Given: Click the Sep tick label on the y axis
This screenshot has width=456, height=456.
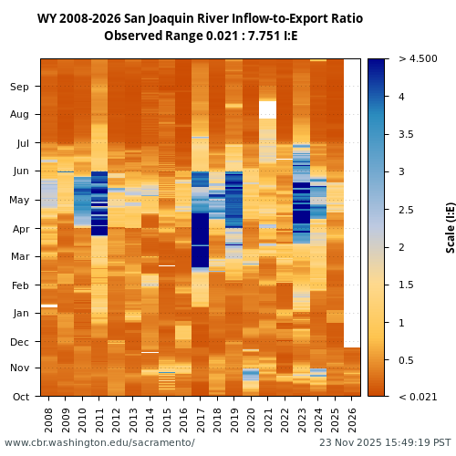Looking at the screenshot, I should click(x=20, y=87).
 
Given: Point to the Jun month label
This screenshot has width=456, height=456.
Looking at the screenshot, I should click(x=20, y=171).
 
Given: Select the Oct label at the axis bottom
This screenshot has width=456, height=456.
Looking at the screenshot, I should click(x=20, y=396).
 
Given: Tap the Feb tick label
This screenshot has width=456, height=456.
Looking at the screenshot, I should click(x=20, y=285).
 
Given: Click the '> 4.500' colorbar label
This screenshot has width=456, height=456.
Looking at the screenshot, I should click(x=418, y=59).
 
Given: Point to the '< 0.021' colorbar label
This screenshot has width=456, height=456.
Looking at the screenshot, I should click(x=418, y=397).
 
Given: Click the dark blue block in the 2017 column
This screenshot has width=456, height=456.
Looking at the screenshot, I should click(x=200, y=242).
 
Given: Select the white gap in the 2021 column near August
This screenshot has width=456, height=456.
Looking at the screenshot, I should click(x=267, y=109).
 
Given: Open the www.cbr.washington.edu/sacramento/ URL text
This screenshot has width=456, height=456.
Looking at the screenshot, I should click(x=99, y=443).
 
